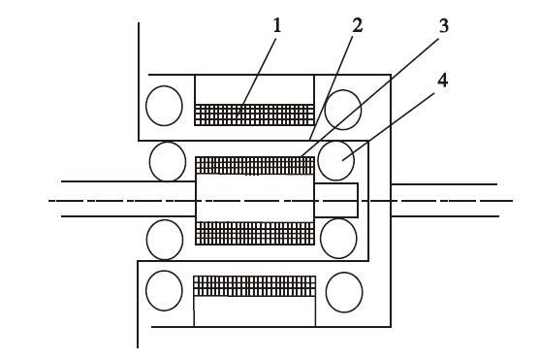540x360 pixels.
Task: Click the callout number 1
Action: tap(277, 25)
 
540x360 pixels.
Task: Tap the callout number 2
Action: tap(357, 25)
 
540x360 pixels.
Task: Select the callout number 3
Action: tap(444, 26)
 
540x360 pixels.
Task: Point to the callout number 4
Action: tap(442, 80)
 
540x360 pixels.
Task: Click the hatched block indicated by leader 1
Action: tap(255, 115)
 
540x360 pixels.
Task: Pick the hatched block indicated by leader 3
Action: tap(255, 165)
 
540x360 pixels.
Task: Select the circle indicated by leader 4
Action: tap(335, 160)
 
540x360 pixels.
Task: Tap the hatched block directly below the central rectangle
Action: tap(255, 234)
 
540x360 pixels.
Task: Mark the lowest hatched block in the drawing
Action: tap(255, 286)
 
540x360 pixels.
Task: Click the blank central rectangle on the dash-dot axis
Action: tap(255, 198)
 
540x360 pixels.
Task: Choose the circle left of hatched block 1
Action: tap(164, 106)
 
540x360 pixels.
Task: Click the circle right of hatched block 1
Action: tap(343, 110)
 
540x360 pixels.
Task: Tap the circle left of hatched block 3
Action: tap(168, 161)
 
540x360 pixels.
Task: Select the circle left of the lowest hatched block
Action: tap(164, 290)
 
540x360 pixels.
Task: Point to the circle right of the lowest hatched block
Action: tap(344, 292)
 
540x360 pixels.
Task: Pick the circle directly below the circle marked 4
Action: tap(338, 239)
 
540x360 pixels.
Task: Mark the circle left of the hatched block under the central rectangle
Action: tap(165, 240)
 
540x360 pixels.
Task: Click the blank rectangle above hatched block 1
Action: tap(255, 89)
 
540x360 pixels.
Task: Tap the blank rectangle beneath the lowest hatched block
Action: tap(255, 311)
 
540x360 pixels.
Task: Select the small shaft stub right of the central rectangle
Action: tap(336, 200)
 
